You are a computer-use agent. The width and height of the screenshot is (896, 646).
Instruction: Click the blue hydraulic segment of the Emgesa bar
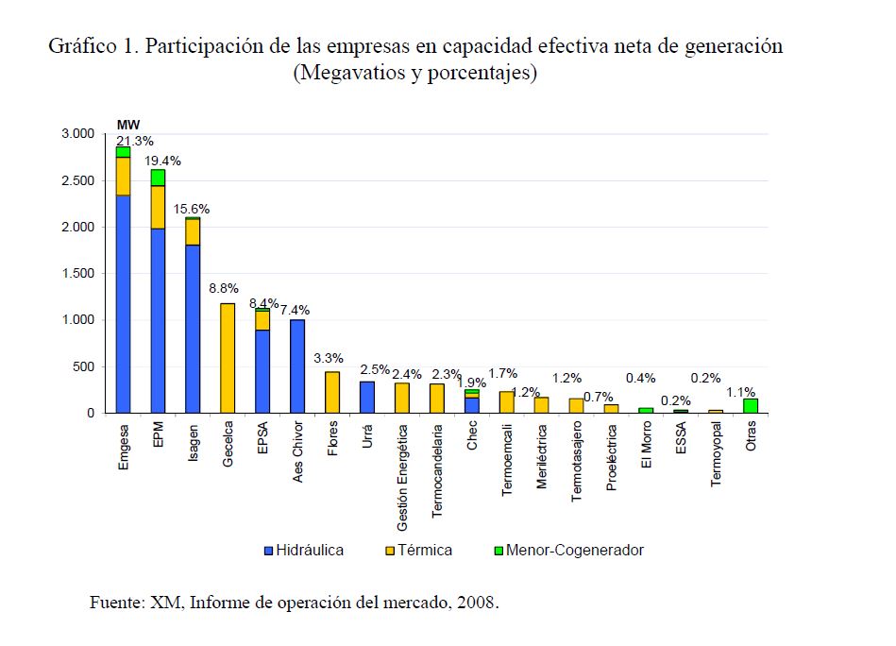[123, 302]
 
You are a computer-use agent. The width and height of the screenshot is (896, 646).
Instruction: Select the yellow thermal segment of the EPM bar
[158, 207]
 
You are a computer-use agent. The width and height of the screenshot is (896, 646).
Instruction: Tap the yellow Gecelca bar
[228, 358]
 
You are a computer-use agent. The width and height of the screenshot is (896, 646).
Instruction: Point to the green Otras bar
[751, 406]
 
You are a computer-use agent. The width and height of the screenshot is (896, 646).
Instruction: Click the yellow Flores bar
[332, 392]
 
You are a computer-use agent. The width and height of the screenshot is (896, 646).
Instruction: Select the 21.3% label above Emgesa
[135, 141]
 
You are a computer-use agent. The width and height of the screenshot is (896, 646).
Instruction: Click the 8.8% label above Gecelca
[224, 288]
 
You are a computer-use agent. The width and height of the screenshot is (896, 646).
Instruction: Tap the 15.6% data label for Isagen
[192, 209]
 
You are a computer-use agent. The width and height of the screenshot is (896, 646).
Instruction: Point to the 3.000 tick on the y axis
[77, 134]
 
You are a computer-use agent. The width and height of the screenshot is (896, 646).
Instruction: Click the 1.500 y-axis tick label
[77, 274]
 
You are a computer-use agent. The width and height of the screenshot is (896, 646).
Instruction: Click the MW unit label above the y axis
[127, 124]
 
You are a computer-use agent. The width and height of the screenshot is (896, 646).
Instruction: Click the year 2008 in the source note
[476, 603]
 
